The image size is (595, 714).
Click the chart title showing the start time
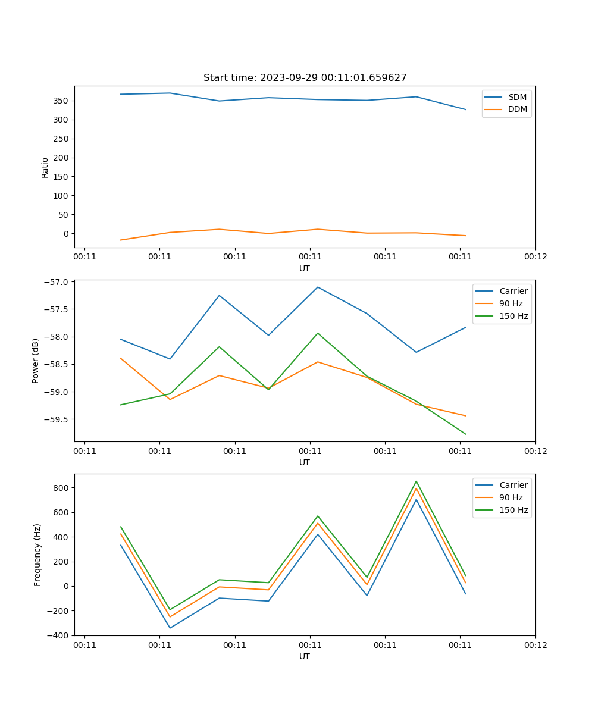pos(305,78)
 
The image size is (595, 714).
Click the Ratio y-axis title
pos(45,167)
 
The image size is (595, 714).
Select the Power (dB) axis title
pos(36,361)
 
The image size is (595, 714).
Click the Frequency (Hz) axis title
pos(37,555)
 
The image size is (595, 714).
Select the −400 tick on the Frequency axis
pos(59,635)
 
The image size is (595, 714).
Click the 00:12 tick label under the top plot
pos(535,257)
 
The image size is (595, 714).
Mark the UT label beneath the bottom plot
pos(305,656)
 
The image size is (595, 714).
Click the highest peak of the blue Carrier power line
pos(318,287)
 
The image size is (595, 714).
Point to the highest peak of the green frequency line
pos(416,481)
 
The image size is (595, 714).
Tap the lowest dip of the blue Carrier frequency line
pos(170,628)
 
